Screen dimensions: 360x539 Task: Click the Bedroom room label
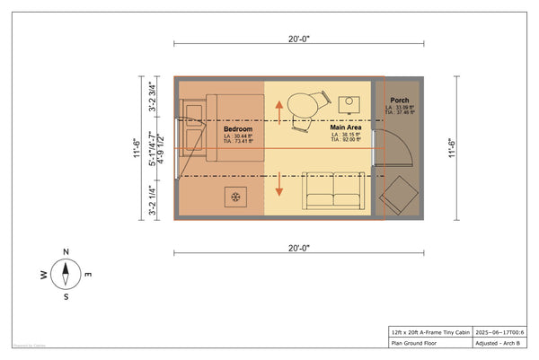point(238,130)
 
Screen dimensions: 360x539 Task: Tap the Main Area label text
point(345,129)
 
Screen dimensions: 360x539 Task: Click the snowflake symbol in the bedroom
point(236,197)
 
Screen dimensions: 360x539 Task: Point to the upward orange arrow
point(279,113)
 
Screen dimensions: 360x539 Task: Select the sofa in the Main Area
point(330,190)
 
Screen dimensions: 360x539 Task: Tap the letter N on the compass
point(66,252)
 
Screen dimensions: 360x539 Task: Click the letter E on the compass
point(88,274)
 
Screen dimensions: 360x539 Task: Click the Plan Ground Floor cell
point(419,342)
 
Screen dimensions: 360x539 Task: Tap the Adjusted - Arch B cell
point(499,342)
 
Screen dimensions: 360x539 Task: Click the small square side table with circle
point(350,102)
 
